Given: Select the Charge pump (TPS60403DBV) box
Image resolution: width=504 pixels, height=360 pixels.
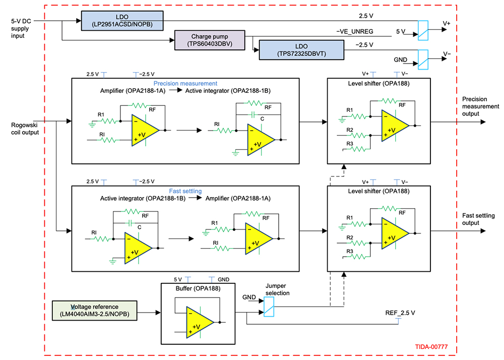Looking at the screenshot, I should coord(209,40).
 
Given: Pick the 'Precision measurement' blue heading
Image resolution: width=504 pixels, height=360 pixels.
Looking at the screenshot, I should coord(185,83).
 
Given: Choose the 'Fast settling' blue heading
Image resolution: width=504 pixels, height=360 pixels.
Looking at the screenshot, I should coord(185,191).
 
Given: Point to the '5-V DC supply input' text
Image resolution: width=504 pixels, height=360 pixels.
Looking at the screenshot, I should coord(23,29).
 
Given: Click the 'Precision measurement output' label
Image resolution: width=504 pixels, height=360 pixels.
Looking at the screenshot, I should coord(480,106).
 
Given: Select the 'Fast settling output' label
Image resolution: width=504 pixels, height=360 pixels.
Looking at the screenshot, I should coord(478,219).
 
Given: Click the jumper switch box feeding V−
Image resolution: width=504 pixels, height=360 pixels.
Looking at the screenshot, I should coord(423,58).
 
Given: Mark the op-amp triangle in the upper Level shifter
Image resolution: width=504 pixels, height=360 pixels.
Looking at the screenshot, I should coord(395,124).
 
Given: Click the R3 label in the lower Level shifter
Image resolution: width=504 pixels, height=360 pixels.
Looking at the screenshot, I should coord(349,251).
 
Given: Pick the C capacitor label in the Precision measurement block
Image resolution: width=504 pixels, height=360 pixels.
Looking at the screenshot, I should coord(263,119).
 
